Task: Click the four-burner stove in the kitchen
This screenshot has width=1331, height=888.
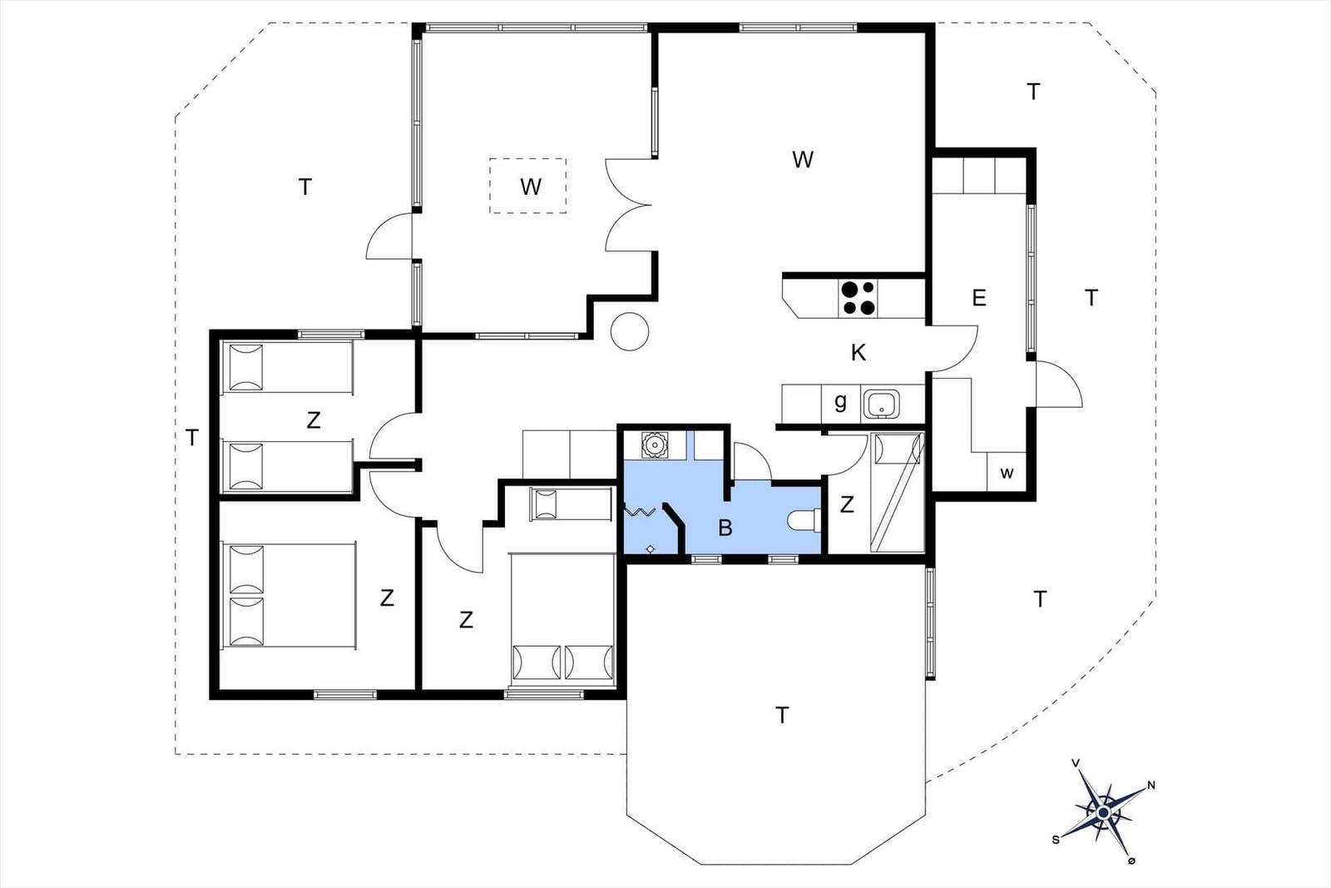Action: (x=858, y=298)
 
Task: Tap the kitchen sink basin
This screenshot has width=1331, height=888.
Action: (x=882, y=404)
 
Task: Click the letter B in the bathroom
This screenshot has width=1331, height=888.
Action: (x=725, y=527)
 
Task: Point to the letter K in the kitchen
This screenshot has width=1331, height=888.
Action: (x=858, y=353)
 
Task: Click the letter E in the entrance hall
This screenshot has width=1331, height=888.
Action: (x=979, y=297)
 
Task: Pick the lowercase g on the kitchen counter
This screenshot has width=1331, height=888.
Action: (x=840, y=403)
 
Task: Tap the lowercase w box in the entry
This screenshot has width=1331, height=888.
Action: (x=1007, y=472)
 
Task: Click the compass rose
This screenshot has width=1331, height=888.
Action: (x=1104, y=812)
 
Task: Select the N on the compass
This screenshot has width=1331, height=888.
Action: (x=1151, y=785)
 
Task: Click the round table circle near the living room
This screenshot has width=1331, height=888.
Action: (x=630, y=331)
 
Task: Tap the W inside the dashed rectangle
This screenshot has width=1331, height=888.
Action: (x=531, y=186)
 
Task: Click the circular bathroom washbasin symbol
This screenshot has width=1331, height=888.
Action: (x=654, y=444)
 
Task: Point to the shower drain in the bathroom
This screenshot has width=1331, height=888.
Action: (x=651, y=548)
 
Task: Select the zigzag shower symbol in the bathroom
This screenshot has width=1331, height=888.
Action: (x=640, y=510)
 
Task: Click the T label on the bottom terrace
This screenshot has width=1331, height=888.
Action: (x=782, y=715)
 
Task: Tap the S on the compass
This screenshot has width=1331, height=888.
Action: (x=1056, y=840)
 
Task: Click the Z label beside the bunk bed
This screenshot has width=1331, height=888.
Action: (x=847, y=504)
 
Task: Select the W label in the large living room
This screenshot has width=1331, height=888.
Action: (x=803, y=159)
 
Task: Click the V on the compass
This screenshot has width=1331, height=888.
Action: (x=1076, y=779)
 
